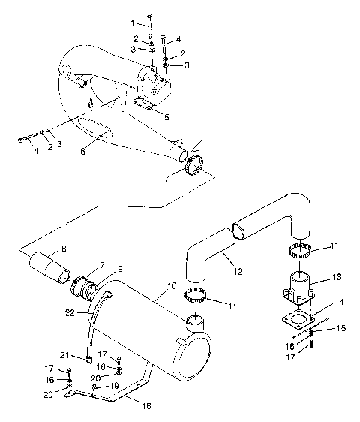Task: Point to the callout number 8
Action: click(63, 249)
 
